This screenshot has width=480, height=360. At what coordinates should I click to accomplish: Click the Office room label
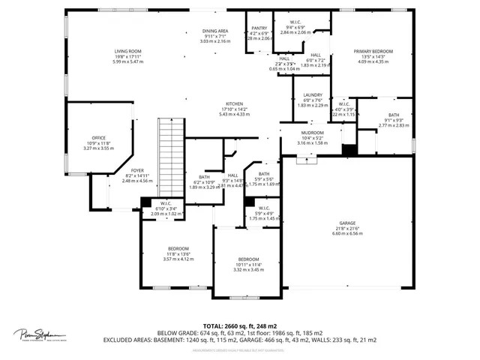98,138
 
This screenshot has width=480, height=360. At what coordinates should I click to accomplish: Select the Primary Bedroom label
373,51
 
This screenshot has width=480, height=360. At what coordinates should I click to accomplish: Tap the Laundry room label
312,95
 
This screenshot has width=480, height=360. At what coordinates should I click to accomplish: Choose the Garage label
346,223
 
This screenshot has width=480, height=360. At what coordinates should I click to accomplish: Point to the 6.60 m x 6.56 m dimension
346,233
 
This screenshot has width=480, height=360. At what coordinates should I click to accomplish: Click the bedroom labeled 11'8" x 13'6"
178,248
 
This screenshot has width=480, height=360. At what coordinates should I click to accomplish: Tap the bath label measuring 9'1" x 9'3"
394,115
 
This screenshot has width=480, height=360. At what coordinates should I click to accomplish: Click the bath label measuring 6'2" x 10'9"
204,177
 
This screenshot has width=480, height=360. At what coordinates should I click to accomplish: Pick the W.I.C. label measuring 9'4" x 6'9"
295,22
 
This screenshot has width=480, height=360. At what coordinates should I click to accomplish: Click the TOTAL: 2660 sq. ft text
229,326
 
